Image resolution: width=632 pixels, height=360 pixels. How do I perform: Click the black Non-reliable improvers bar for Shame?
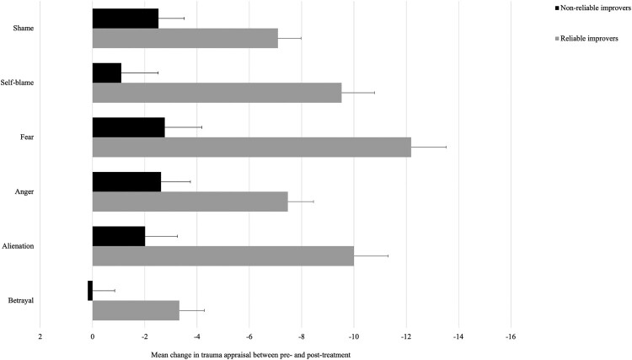pos(126,19)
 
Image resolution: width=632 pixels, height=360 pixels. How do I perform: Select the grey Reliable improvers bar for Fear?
pos(252,148)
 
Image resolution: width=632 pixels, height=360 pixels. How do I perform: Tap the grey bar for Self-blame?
pos(217,93)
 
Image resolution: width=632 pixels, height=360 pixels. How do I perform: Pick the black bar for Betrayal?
pos(90,291)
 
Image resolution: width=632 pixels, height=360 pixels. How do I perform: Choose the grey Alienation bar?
pos(223,256)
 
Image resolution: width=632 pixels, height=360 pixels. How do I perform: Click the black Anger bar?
pos(126,182)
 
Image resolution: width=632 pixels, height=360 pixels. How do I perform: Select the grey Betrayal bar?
pos(136,310)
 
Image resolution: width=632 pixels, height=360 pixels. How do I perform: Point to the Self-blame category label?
pos(17,83)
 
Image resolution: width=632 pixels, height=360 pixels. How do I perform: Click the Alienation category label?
pos(18,246)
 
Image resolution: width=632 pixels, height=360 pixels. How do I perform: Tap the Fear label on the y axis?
pos(27,137)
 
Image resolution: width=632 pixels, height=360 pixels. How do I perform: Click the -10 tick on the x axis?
pos(353,336)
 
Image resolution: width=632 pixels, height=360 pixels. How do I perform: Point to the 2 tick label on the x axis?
pos(40,336)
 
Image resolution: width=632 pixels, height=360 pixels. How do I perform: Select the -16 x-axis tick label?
pos(511,336)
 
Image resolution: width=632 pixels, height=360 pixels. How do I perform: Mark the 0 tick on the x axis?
pos(93,336)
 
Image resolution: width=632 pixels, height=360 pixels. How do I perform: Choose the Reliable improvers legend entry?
pos(586,39)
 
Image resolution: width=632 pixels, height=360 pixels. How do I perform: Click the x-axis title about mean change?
pos(251,355)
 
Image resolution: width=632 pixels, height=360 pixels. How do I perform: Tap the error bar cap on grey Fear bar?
pos(446,148)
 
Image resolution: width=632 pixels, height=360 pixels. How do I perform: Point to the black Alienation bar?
pos(119,236)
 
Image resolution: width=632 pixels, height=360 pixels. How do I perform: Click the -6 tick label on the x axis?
pos(249,336)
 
